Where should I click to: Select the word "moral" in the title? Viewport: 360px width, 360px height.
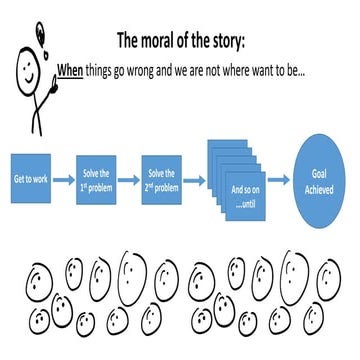pyautogui.click(x=173, y=41)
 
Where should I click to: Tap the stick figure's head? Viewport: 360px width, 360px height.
pyautogui.click(x=21, y=70)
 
